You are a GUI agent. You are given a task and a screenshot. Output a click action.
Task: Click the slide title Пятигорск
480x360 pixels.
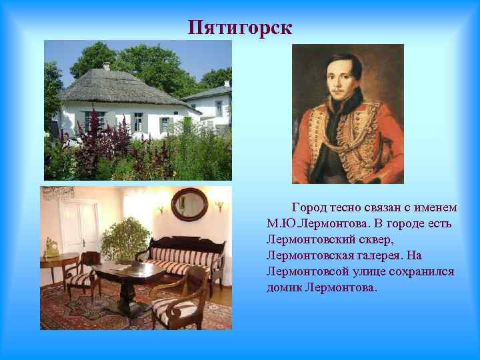(x=240, y=28)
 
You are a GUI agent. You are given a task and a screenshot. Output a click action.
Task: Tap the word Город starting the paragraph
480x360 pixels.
(x=308, y=208)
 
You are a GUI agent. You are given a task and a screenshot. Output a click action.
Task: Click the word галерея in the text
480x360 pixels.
(x=384, y=256)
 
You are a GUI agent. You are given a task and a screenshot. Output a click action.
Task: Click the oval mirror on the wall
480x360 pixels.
(x=189, y=204)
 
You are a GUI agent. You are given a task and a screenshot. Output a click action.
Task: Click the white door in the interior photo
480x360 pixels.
(x=79, y=227)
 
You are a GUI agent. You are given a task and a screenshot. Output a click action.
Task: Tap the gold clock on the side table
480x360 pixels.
(x=50, y=248)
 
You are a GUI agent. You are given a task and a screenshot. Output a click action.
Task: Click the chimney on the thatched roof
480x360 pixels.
(x=106, y=66)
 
